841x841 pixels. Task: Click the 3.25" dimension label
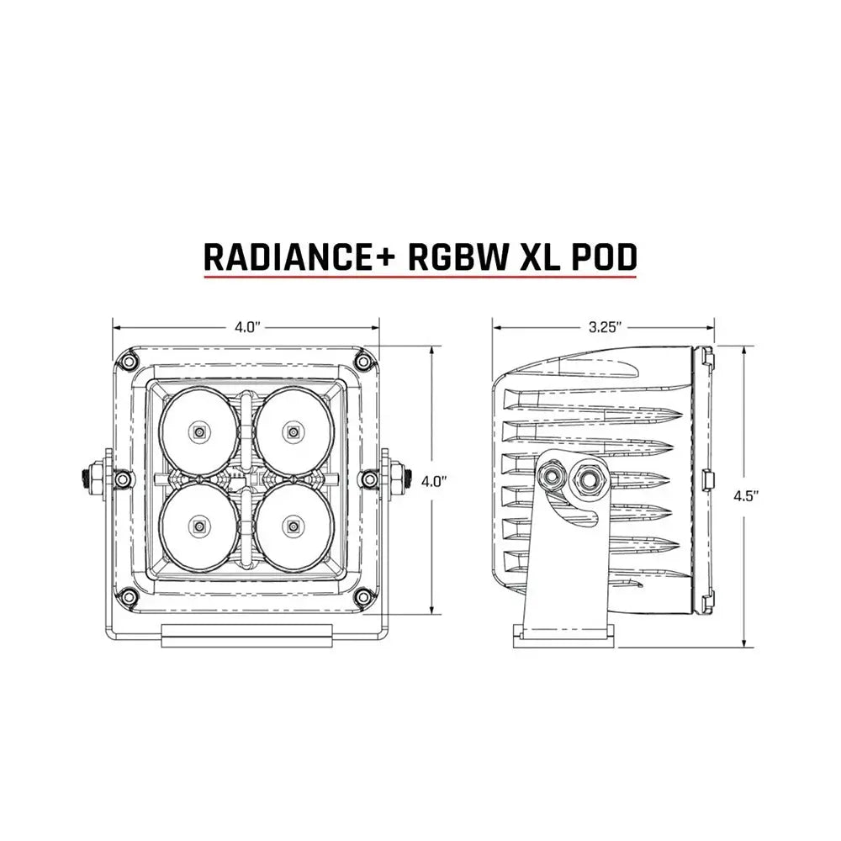(x=603, y=327)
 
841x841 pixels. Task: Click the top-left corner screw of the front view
(x=129, y=362)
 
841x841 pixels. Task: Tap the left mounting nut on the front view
(x=92, y=480)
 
